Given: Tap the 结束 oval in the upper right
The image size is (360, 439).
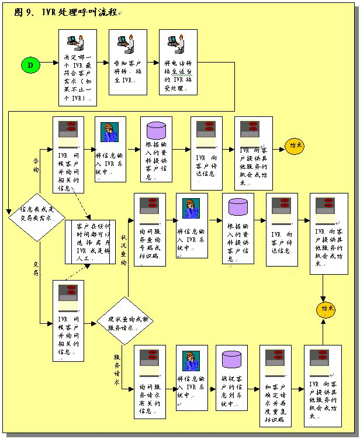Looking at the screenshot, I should (x=297, y=146).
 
